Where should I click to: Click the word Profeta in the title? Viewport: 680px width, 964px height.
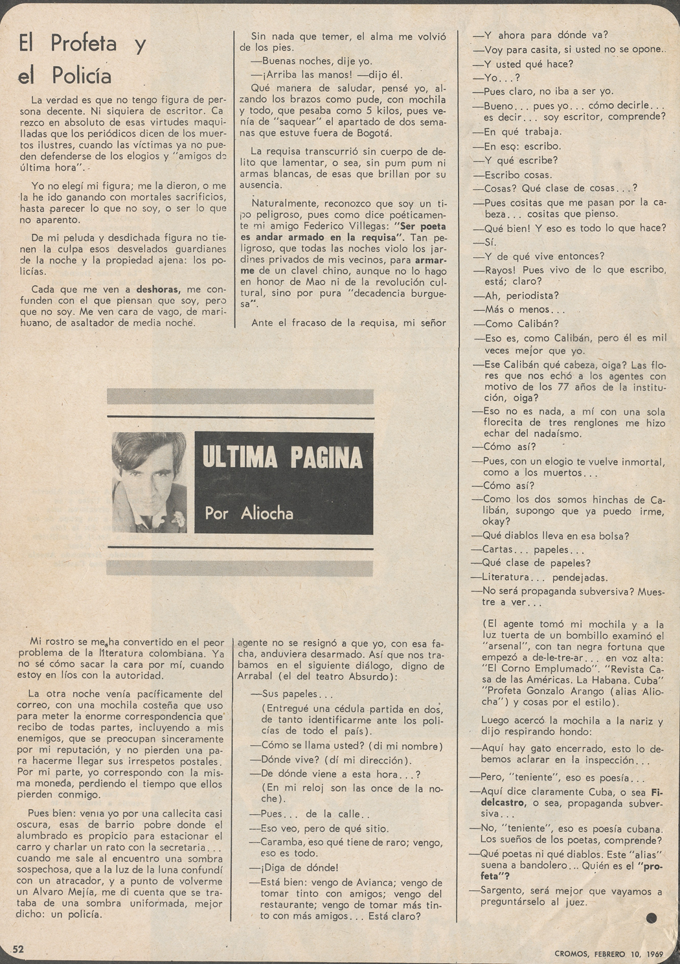[x=84, y=44]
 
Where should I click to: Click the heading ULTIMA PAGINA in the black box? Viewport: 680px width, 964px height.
[x=282, y=457]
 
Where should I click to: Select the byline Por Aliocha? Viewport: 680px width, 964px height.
[x=249, y=513]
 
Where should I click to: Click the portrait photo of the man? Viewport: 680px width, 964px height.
[x=149, y=481]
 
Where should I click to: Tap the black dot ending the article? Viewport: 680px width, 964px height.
[x=652, y=917]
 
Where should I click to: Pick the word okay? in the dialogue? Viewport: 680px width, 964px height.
[x=497, y=522]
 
